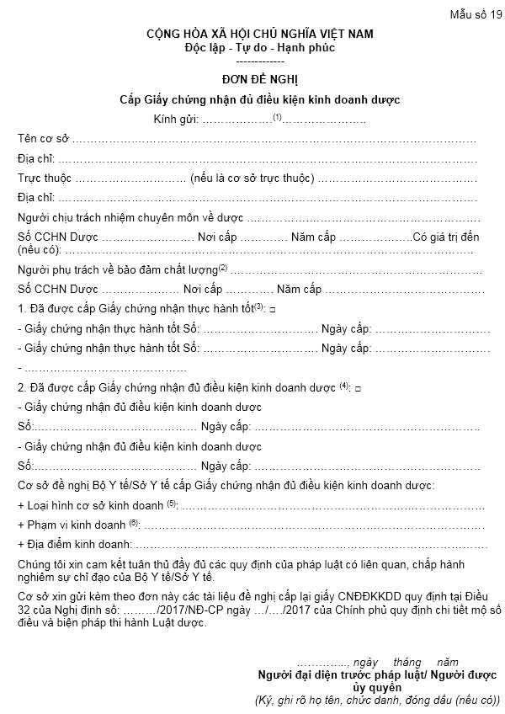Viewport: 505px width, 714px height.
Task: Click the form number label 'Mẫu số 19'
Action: click(x=475, y=14)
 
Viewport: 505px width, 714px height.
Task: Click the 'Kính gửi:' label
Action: click(x=176, y=120)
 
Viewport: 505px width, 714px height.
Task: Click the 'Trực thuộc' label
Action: click(x=45, y=178)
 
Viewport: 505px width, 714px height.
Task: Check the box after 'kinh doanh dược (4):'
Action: click(x=358, y=388)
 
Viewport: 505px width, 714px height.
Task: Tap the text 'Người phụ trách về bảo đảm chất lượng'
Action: click(x=117, y=270)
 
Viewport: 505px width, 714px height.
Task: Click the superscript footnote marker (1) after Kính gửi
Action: click(x=275, y=117)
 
